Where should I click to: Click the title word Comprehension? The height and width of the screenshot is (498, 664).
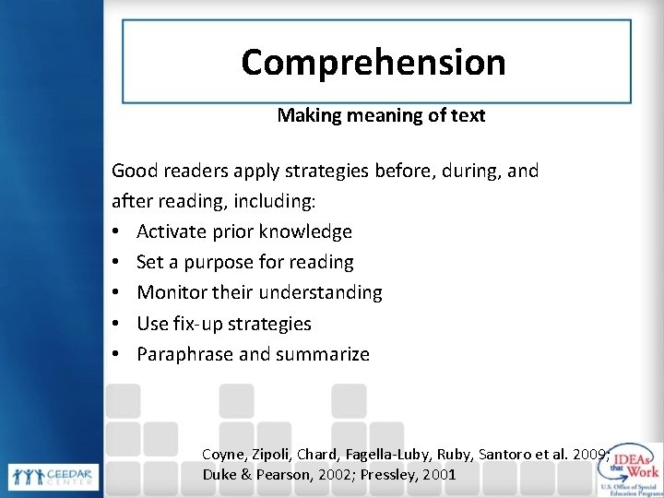[373, 63]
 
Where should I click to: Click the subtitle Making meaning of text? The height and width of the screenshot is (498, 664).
[381, 117]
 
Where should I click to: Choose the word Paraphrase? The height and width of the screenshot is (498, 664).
[184, 354]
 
